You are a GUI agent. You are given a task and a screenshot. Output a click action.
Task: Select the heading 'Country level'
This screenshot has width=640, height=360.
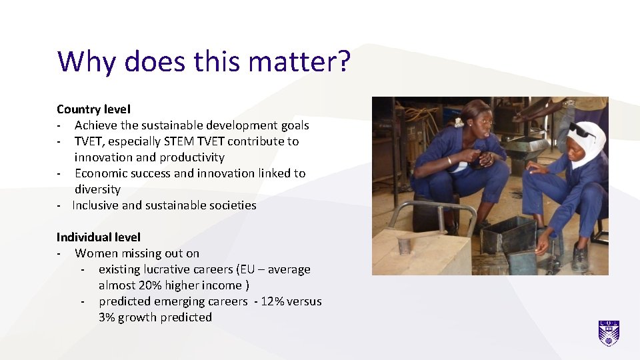coord(93,109)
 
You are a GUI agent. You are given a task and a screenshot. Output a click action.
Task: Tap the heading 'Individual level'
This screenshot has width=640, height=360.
coord(99,237)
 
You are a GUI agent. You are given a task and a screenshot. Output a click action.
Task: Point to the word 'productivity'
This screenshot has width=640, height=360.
coord(193,157)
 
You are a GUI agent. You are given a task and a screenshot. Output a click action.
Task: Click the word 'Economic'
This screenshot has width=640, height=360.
coord(104,173)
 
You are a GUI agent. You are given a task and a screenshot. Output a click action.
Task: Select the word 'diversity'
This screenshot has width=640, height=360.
coord(97,189)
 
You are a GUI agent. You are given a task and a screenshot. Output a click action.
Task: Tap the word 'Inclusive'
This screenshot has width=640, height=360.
coord(95,205)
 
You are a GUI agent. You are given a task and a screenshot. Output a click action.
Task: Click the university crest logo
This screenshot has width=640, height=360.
coord(609,333)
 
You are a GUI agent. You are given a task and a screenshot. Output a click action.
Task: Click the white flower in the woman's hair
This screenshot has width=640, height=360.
coord(459,123)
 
